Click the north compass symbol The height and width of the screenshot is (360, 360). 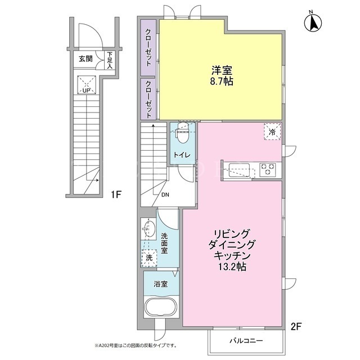(313, 22)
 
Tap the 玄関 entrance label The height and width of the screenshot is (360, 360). (85, 59)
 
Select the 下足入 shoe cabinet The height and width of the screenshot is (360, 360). (110, 60)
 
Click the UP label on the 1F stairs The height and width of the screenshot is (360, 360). (86, 91)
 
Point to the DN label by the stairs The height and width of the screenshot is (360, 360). (165, 195)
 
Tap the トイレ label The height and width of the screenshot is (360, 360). (182, 155)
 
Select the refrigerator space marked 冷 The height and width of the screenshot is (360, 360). (272, 132)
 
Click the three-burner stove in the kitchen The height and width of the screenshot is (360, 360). (268, 170)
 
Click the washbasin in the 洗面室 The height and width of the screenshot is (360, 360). (148, 228)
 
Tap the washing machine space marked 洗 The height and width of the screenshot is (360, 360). (149, 258)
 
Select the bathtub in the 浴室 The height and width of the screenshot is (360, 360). (160, 307)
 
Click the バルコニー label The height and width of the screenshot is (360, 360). (246, 341)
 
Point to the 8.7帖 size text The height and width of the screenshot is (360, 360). (222, 81)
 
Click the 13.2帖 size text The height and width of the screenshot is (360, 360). (232, 267)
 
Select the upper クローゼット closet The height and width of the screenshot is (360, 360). (148, 47)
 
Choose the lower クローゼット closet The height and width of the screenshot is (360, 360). (148, 99)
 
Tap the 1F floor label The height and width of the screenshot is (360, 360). (116, 195)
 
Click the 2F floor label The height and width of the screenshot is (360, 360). (296, 326)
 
